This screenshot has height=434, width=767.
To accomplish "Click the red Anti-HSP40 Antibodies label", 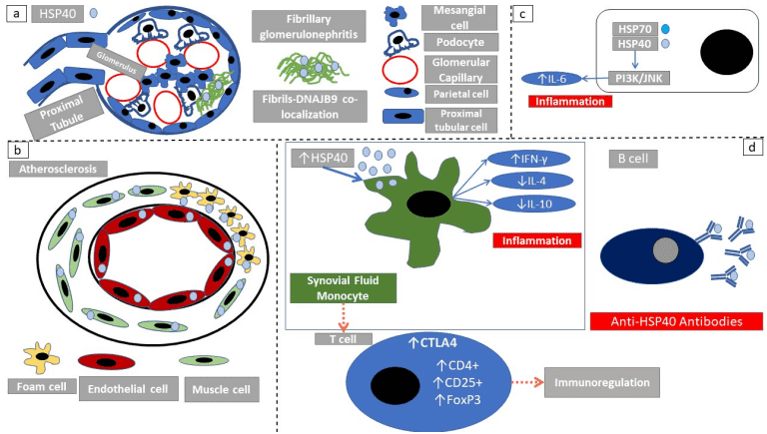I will [x=676, y=321].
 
